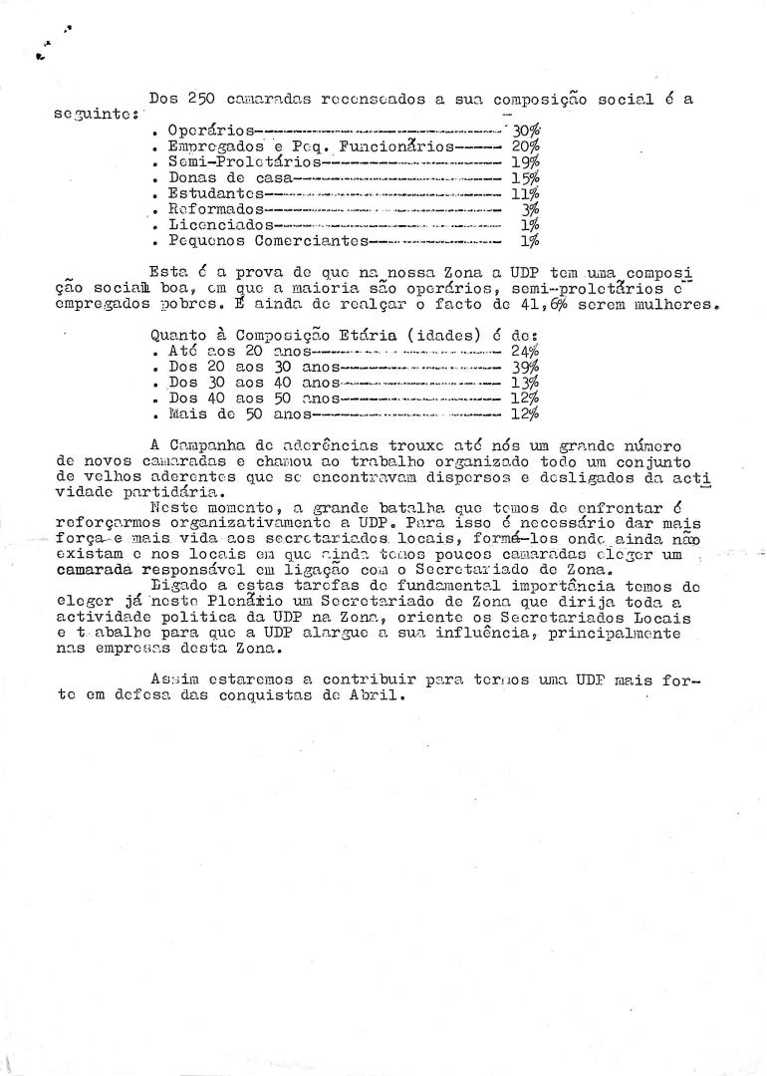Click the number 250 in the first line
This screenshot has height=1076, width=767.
click(x=201, y=98)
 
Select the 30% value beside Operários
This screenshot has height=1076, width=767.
click(x=526, y=130)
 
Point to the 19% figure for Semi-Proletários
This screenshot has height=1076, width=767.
click(x=526, y=161)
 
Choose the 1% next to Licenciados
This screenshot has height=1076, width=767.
click(x=530, y=224)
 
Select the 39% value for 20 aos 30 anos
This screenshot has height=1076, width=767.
click(x=526, y=366)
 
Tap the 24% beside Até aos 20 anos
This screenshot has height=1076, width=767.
click(x=526, y=351)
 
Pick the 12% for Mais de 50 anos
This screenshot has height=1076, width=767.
click(x=526, y=412)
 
